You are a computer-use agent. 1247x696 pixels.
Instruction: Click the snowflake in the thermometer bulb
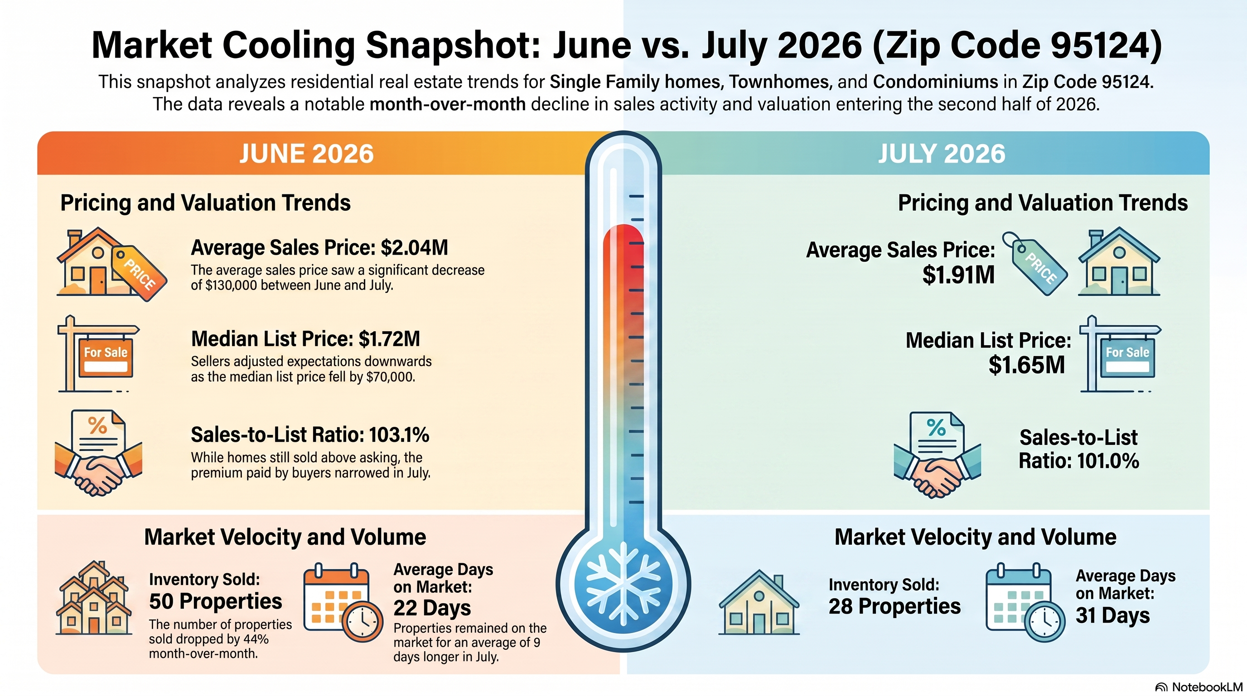point(623,583)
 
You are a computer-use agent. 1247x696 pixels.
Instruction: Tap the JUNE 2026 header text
point(306,154)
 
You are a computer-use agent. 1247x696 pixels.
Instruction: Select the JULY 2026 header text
point(942,154)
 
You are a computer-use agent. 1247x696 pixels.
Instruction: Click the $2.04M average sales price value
point(414,247)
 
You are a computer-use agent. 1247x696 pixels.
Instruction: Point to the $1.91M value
point(958,275)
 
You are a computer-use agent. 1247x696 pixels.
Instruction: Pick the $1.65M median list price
point(1027,364)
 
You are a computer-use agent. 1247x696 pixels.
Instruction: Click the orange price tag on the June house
point(140,273)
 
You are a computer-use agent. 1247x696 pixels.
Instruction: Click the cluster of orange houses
point(94,598)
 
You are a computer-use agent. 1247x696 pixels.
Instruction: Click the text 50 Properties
point(215,601)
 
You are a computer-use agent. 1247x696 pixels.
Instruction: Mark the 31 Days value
point(1112,615)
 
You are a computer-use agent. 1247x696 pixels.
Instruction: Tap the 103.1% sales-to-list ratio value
point(399,435)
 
